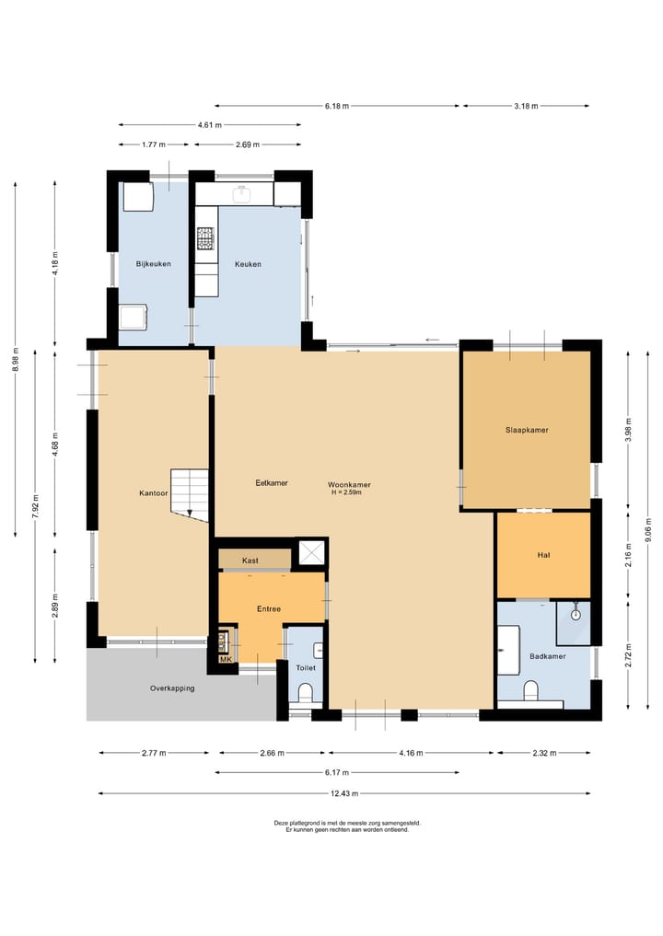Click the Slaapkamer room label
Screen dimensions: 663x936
(527, 430)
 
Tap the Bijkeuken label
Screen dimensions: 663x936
(154, 264)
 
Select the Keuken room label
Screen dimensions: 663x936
(248, 264)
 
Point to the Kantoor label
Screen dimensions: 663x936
(154, 493)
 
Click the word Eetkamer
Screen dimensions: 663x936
(272, 483)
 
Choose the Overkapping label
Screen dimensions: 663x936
(172, 688)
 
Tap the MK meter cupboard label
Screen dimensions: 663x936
(226, 659)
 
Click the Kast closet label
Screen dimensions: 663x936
(250, 560)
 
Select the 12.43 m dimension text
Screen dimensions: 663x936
(344, 793)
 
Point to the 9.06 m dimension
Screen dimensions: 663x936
(648, 530)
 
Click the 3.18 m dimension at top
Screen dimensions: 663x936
(526, 106)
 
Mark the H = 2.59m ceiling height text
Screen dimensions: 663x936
(346, 492)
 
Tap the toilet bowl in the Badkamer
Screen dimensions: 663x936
(531, 690)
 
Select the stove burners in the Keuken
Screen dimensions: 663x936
(205, 238)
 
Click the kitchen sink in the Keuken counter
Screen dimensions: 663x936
(242, 192)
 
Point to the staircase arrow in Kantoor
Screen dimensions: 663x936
(190, 512)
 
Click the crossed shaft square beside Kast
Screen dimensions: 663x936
(311, 553)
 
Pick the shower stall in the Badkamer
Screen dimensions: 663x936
(574, 623)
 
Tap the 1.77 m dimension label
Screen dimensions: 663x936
(154, 144)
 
